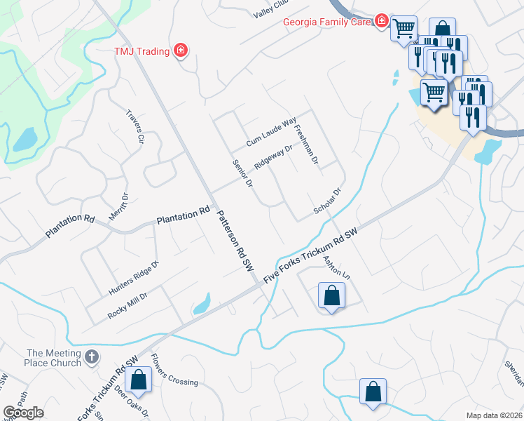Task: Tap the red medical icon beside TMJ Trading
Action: (180, 50)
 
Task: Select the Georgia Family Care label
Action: (327, 21)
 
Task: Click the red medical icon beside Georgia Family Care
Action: (382, 21)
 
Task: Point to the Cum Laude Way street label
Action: (271, 133)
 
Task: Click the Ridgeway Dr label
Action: (273, 156)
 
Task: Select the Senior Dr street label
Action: (242, 173)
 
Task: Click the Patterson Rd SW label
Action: (234, 241)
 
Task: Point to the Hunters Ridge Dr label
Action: (134, 277)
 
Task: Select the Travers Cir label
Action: (135, 127)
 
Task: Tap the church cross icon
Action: (91, 359)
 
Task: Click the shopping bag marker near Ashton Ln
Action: (332, 295)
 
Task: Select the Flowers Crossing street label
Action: (174, 373)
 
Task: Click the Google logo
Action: (23, 413)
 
